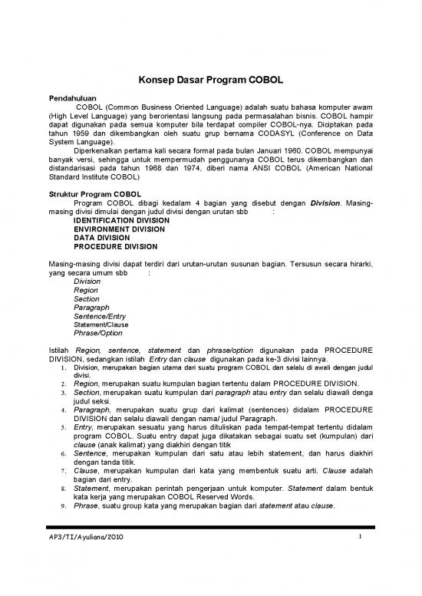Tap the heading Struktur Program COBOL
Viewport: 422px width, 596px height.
95,196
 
